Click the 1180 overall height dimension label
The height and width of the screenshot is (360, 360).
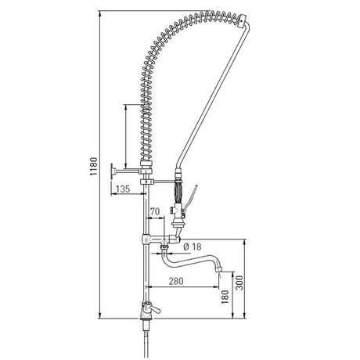(x=94, y=167)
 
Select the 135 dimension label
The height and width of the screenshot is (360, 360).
(x=123, y=189)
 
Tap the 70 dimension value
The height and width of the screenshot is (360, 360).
(x=155, y=211)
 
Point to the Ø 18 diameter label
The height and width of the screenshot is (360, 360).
(x=193, y=247)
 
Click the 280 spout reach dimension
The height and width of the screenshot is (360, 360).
(x=176, y=281)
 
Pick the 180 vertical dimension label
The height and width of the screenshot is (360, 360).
(x=225, y=297)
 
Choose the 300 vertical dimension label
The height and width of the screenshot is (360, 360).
(x=239, y=283)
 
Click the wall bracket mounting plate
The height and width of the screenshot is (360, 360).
(x=112, y=171)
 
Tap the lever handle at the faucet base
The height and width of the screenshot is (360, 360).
(x=154, y=310)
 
